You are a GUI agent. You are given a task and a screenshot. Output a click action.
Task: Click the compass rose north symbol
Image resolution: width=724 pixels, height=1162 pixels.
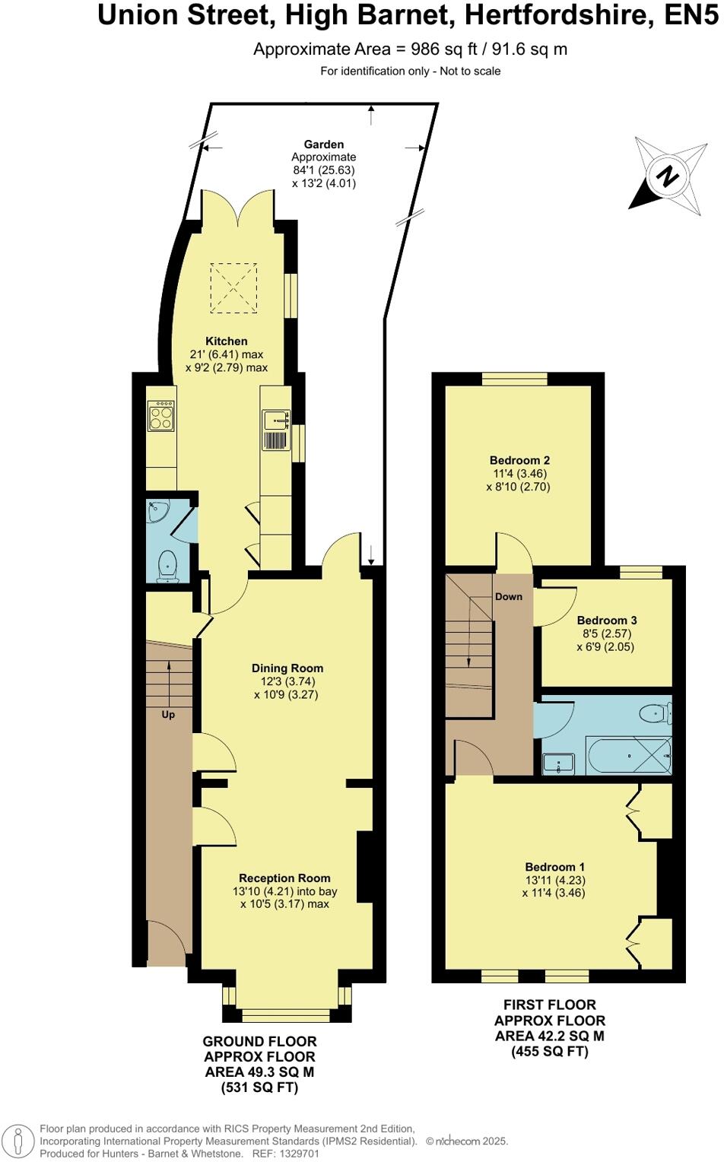click(x=667, y=176)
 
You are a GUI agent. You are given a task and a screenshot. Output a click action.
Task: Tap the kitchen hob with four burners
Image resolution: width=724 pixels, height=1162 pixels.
click(x=161, y=417)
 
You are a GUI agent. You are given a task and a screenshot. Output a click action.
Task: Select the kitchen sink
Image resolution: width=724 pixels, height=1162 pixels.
click(x=275, y=419)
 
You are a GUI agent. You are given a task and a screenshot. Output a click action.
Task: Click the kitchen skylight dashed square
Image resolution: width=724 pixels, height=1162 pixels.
click(x=233, y=287)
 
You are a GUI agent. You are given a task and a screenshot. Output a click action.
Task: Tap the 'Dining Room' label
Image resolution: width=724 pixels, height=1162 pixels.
click(x=287, y=668)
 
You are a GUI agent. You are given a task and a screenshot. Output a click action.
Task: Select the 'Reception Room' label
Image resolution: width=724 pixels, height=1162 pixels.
click(x=284, y=878)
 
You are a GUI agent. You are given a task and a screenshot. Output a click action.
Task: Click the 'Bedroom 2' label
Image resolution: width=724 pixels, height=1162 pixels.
click(x=519, y=460)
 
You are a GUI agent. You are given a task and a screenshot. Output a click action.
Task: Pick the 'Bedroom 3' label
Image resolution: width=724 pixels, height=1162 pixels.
click(x=607, y=621)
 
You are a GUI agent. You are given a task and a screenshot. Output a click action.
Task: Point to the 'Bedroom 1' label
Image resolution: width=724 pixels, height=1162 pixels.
click(x=555, y=867)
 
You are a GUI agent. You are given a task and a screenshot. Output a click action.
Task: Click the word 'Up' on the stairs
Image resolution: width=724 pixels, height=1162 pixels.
click(x=168, y=715)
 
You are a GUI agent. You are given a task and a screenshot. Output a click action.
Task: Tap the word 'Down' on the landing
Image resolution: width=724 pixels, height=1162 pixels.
click(x=509, y=597)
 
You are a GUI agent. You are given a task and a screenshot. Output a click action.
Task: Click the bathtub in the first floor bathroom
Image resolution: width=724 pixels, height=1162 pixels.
click(x=628, y=755)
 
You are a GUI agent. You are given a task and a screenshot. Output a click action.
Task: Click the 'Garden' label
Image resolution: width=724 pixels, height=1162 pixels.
click(x=324, y=144)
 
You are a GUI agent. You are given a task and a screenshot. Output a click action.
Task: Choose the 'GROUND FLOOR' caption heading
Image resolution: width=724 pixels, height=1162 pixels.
click(x=259, y=1041)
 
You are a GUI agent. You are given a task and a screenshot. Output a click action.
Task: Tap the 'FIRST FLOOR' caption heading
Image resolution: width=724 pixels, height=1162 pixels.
click(x=550, y=1005)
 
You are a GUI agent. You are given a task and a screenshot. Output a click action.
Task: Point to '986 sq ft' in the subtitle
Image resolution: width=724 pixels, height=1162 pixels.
click(x=444, y=49)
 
